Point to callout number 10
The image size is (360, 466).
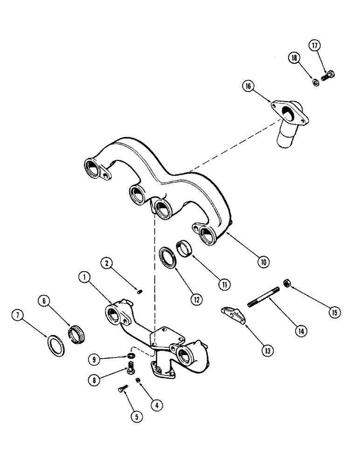[x=263, y=262]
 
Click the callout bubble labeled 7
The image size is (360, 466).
[x=18, y=317]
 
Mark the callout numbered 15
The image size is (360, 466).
[x=333, y=312]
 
